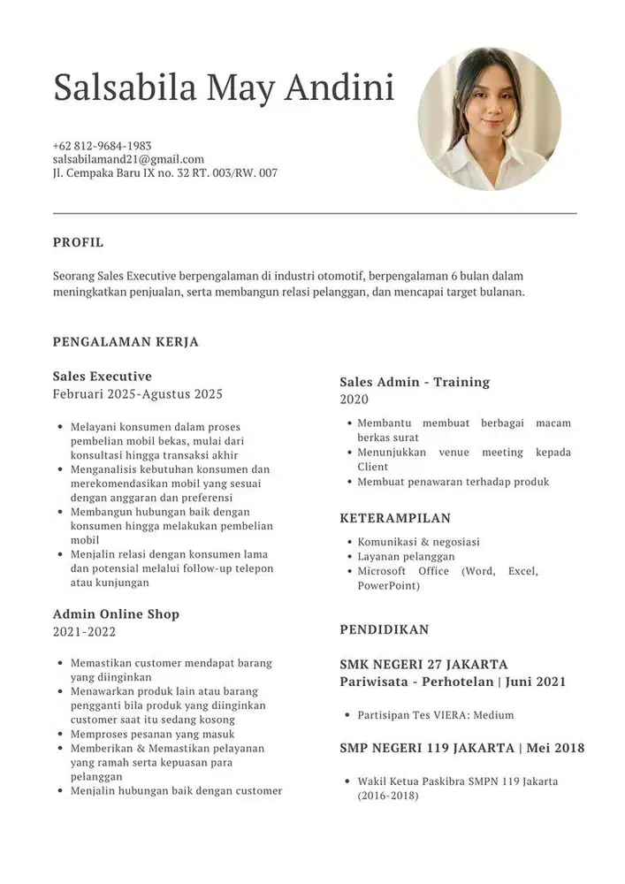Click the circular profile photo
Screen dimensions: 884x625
[489, 118]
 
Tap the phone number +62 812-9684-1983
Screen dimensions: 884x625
[102, 145]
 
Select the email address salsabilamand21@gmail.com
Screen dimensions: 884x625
[128, 159]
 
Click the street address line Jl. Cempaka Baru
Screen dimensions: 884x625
[164, 173]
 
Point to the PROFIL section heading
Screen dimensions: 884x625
[78, 242]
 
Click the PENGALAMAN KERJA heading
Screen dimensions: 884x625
[126, 341]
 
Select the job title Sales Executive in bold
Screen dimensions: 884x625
[103, 376]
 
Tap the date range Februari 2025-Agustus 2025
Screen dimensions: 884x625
[137, 394]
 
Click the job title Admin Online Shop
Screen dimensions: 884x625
[116, 613]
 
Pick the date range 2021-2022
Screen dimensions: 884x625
[84, 632]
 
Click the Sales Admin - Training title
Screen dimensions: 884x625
[415, 382]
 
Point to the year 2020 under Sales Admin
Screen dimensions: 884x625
[354, 400]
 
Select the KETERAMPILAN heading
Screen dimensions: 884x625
[395, 518]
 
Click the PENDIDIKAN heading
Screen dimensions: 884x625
[384, 629]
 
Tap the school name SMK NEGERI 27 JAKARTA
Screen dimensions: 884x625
[423, 664]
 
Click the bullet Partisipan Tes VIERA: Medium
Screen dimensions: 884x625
[435, 715]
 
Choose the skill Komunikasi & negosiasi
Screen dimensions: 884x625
[418, 542]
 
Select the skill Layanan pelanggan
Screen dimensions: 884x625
[406, 557]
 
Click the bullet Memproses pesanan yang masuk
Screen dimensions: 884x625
[152, 735]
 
